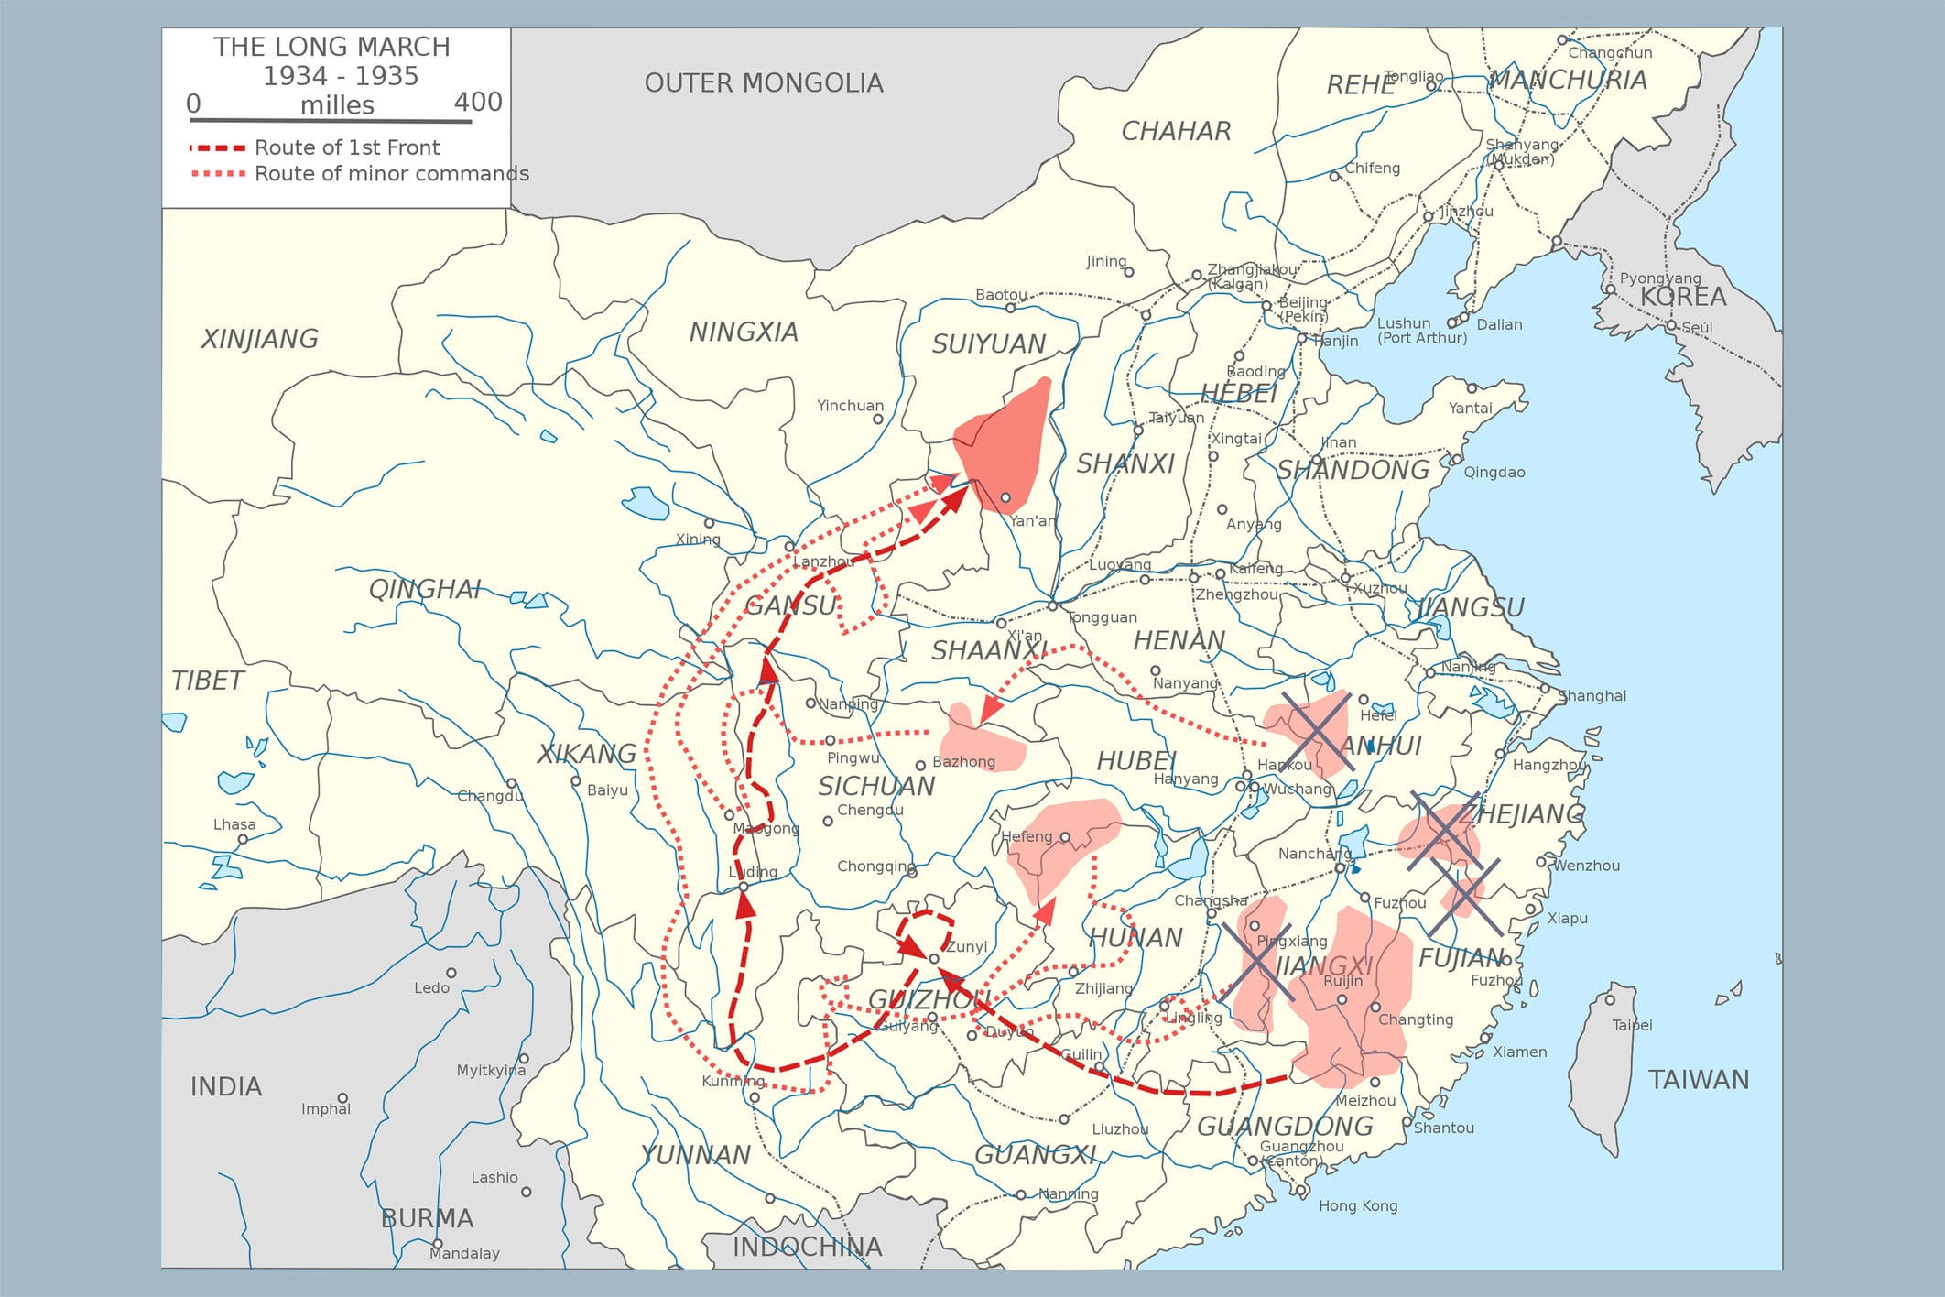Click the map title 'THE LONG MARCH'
click(x=331, y=47)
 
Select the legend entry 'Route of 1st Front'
click(x=347, y=147)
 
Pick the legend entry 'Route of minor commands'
click(x=391, y=174)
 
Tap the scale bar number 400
click(x=478, y=102)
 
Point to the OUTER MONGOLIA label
click(x=764, y=83)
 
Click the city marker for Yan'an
click(x=1005, y=498)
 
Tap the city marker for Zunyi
click(x=934, y=959)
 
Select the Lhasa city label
click(x=234, y=824)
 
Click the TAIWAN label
click(x=1699, y=1080)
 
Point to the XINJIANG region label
click(x=259, y=339)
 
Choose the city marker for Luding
click(x=744, y=887)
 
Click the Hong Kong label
click(x=1358, y=1205)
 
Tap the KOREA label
click(x=1683, y=297)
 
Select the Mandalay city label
click(x=464, y=1253)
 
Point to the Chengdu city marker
click(x=828, y=822)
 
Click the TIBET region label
click(x=208, y=681)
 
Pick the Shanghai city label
click(x=1592, y=696)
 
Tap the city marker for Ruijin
click(x=1342, y=1000)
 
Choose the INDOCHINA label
click(x=807, y=1247)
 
